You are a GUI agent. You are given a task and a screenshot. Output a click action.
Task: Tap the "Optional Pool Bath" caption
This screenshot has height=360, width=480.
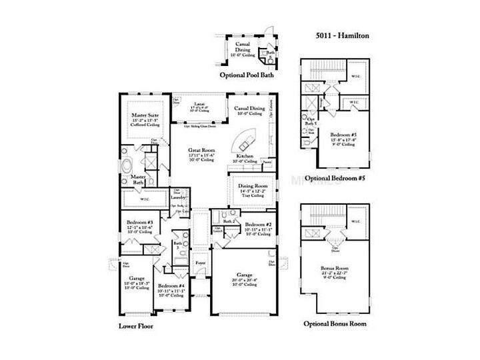[247, 76]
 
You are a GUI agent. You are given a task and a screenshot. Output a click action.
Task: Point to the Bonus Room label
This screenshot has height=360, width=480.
[337, 268]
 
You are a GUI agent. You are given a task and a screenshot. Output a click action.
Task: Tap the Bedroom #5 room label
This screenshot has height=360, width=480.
[344, 134]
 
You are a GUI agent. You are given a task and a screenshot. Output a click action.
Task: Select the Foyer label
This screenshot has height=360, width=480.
[201, 263]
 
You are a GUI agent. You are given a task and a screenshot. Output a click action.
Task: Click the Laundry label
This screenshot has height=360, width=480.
[177, 197]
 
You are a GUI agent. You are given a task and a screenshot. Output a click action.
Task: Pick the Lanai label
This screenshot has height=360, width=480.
[198, 102]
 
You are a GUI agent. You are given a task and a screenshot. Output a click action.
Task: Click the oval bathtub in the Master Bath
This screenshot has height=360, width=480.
[130, 163]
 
